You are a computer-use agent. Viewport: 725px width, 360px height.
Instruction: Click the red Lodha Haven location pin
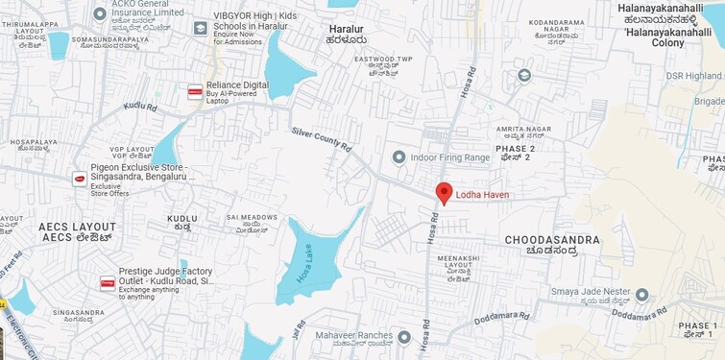[444, 192]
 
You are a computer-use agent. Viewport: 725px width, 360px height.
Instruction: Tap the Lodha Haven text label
[482, 195]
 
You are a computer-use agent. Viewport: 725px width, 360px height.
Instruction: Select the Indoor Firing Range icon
[399, 156]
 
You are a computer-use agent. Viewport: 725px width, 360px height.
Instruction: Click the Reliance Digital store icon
[195, 92]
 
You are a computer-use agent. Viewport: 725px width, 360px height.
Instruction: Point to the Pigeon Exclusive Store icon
[80, 179]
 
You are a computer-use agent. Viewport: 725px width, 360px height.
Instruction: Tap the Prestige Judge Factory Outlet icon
[108, 283]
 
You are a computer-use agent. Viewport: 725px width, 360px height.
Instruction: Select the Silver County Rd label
[322, 140]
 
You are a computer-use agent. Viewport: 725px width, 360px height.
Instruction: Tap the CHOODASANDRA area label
[552, 240]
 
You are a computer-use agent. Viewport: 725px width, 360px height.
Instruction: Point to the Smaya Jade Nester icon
[641, 295]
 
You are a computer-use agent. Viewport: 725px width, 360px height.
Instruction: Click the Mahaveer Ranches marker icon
[404, 337]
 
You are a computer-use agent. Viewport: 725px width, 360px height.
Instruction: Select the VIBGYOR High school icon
[200, 28]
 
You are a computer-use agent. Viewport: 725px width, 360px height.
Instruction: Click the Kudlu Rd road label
[140, 107]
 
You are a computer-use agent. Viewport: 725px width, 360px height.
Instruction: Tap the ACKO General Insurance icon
[100, 13]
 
